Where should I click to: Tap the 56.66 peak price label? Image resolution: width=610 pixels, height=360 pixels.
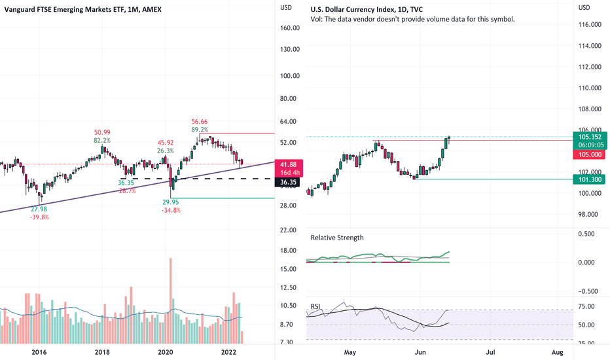pos(200,122)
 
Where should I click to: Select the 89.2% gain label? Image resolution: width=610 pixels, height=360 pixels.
pos(200,130)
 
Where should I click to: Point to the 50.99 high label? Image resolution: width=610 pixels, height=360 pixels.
pos(102,132)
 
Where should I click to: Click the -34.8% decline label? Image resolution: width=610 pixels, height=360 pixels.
pos(171,211)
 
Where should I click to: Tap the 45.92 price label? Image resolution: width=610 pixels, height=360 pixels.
pos(165,142)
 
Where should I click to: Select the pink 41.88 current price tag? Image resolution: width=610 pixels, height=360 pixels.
pos(289,164)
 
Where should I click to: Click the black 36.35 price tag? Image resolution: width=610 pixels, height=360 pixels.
pos(289,182)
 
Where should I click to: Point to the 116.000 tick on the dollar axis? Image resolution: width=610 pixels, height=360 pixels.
pos(590,25)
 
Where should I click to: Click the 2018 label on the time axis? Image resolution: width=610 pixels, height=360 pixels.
pos(102,353)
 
